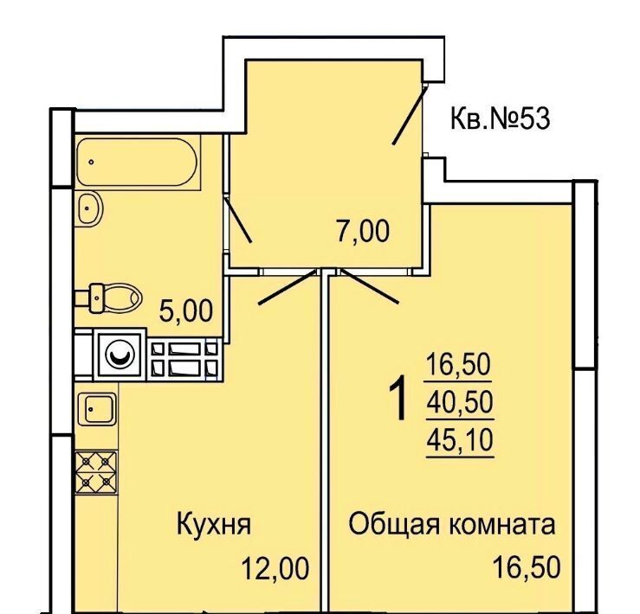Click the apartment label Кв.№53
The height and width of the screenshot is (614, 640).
tap(500, 118)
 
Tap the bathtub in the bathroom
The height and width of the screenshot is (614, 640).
tap(137, 162)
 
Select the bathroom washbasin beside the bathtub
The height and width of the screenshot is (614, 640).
tap(90, 208)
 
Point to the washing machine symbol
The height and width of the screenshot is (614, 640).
tap(120, 355)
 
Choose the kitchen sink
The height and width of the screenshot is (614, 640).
tap(97, 409)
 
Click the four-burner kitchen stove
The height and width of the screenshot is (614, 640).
tap(96, 472)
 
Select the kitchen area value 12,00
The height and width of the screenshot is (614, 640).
tap(275, 569)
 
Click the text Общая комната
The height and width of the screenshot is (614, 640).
tap(452, 524)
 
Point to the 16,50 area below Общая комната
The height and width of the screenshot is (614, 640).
tap(527, 567)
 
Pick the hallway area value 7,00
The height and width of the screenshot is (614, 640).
tap(363, 231)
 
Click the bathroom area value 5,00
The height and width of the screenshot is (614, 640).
tap(185, 310)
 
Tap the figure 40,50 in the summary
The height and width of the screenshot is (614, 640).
tap(460, 403)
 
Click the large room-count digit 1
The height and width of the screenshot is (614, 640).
tap(398, 398)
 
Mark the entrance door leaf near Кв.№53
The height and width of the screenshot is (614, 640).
tap(409, 115)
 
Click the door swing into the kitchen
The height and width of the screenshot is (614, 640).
tap(288, 287)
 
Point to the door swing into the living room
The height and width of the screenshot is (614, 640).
tap(370, 287)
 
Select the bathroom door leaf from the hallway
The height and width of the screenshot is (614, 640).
tap(238, 221)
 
